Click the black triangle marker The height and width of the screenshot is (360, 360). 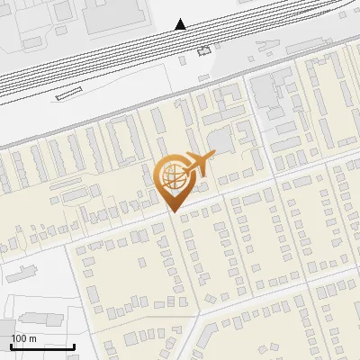(181, 24)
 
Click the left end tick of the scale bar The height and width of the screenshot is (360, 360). (11, 346)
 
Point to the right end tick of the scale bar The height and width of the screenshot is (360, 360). (74, 346)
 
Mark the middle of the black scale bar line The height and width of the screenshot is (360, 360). (42, 347)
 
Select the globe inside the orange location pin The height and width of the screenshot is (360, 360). (171, 177)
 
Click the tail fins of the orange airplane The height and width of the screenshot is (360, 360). (184, 167)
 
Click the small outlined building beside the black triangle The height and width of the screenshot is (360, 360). (203, 51)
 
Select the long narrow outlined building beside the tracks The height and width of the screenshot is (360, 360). (67, 94)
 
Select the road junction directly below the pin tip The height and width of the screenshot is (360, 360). (173, 219)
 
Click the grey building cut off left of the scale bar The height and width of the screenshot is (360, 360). (4, 331)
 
